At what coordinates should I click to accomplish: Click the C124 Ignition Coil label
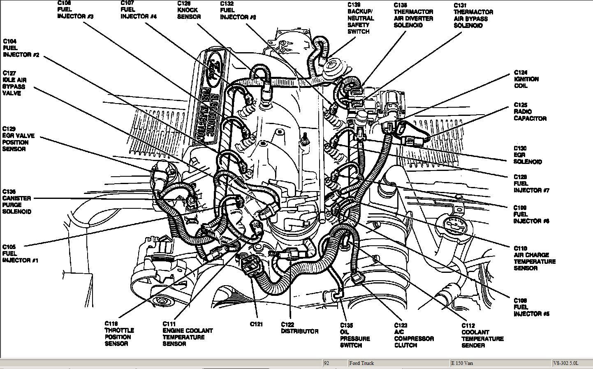(x=526, y=79)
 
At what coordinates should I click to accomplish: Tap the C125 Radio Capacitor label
(x=530, y=112)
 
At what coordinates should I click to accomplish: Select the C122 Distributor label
(x=299, y=327)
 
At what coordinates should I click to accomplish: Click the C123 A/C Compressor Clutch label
(x=414, y=335)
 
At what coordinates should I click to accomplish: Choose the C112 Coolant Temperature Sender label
(x=482, y=335)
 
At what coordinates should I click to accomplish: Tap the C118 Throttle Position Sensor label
(x=119, y=334)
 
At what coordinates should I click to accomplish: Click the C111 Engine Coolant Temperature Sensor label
(x=188, y=334)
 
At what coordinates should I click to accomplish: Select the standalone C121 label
(x=256, y=324)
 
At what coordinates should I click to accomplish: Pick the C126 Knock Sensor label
(x=189, y=10)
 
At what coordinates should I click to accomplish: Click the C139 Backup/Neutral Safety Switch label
(x=360, y=18)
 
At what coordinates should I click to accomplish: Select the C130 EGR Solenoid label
(x=528, y=155)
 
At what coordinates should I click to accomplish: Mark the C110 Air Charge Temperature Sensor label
(x=534, y=258)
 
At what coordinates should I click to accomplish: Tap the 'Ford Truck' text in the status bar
(x=361, y=363)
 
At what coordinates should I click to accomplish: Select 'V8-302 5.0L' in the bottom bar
(x=566, y=363)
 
